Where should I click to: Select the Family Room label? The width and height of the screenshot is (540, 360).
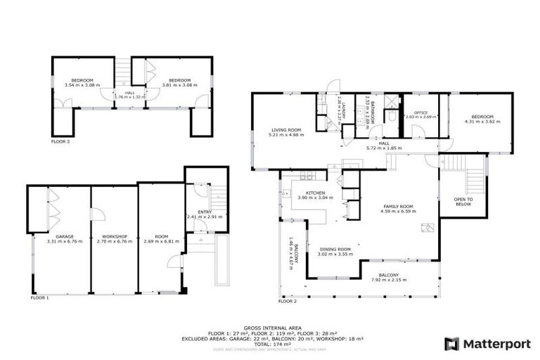[397, 207]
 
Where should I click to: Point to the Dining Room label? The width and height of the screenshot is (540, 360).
[335, 249]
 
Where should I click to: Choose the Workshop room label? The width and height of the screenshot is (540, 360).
[112, 236]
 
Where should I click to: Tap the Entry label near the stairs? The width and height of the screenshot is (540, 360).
[204, 212]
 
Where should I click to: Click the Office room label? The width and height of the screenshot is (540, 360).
[421, 112]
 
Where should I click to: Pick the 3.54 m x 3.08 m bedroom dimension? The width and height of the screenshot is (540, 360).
[82, 85]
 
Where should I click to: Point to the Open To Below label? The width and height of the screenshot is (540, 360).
[463, 202]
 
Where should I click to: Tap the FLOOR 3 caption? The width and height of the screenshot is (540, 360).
[60, 141]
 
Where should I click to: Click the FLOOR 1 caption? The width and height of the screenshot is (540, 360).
[39, 298]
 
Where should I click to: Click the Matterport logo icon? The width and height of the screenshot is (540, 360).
[451, 344]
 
